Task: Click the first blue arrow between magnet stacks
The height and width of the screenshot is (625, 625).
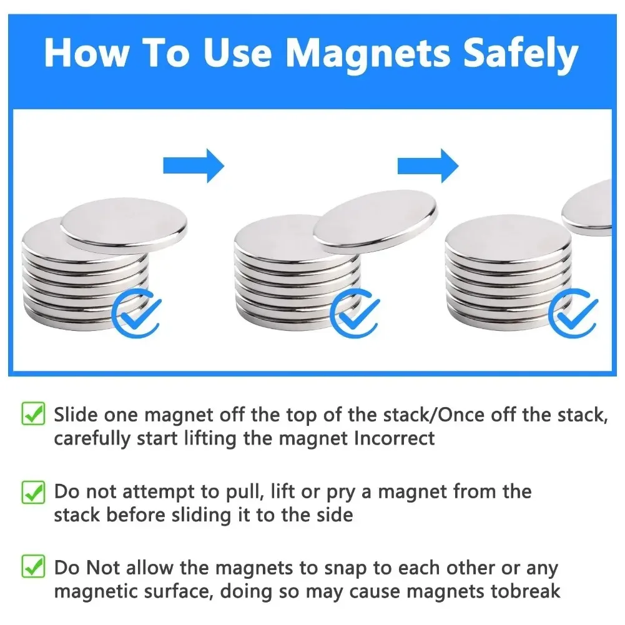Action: pos(193,165)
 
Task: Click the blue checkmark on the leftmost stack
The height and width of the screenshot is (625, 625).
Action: pos(137,312)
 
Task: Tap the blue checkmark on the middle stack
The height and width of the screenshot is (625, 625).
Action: pos(355,312)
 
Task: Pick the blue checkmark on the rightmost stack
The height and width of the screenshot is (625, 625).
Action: pos(576,312)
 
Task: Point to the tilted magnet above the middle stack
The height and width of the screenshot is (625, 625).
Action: pos(375,221)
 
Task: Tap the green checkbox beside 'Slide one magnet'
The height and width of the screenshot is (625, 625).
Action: pos(33,414)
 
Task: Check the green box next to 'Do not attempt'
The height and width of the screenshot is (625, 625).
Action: pos(33,491)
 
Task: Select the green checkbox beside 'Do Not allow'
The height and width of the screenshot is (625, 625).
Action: pos(33,568)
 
